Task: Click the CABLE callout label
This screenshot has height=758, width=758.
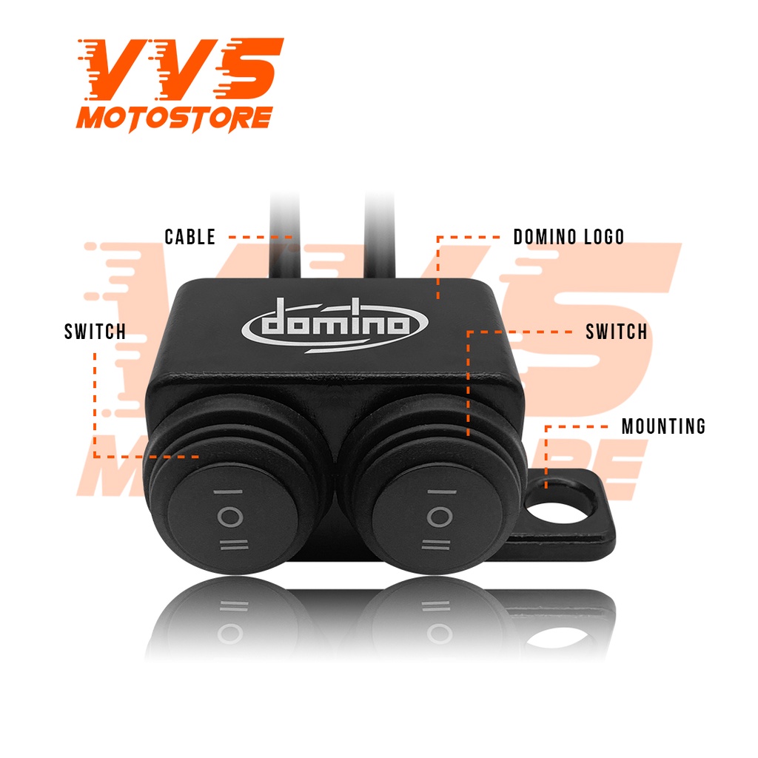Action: coord(190,237)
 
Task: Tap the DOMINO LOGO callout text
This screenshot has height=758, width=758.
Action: coord(568,237)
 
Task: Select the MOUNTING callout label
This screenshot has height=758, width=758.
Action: coord(663,426)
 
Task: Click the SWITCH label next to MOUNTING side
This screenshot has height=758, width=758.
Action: coord(617,332)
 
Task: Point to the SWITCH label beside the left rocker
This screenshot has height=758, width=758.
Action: coord(95,332)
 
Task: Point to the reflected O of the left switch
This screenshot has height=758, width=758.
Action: coord(230,634)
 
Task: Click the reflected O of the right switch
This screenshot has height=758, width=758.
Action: coord(435,634)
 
